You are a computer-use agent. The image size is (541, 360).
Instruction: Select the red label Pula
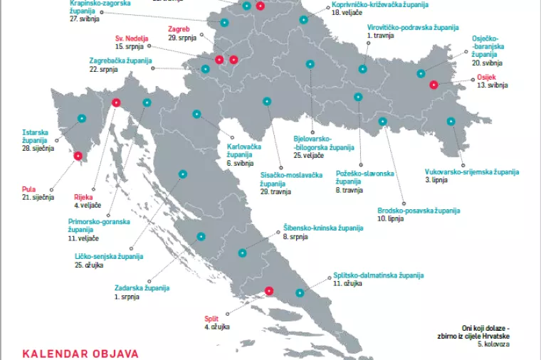click(29, 189)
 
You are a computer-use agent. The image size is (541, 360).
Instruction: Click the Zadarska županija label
click(142, 288)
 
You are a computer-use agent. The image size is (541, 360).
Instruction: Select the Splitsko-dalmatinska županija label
click(378, 275)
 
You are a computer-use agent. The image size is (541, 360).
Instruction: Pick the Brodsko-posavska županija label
click(419, 211)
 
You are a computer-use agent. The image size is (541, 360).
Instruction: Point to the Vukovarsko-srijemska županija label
click(471, 172)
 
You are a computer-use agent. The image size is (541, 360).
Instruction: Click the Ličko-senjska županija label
click(109, 256)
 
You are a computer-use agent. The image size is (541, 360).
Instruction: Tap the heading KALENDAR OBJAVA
click(78, 353)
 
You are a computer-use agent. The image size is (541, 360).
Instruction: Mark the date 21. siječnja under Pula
click(38, 197)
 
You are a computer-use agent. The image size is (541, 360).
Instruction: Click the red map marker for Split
click(269, 290)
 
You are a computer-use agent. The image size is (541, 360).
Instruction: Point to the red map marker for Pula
click(80, 155)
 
